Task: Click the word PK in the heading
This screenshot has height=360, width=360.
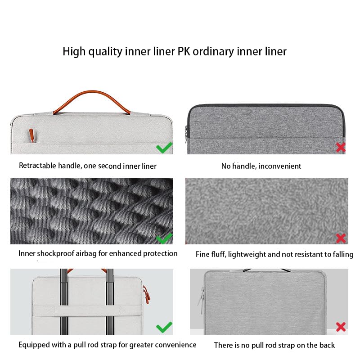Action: pyautogui.click(x=184, y=51)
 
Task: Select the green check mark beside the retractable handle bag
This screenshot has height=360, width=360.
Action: pyautogui.click(x=164, y=148)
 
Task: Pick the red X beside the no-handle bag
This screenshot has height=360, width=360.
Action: pyautogui.click(x=341, y=147)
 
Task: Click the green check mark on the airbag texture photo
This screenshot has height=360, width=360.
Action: pyautogui.click(x=164, y=238)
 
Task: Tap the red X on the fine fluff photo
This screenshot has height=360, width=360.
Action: pyautogui.click(x=341, y=238)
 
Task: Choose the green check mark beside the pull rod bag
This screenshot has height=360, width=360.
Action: pyautogui.click(x=164, y=327)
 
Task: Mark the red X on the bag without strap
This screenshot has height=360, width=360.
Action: pyautogui.click(x=341, y=327)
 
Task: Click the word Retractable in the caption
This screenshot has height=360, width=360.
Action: pyautogui.click(x=37, y=166)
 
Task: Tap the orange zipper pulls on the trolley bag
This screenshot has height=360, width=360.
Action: pyautogui.click(x=146, y=294)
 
